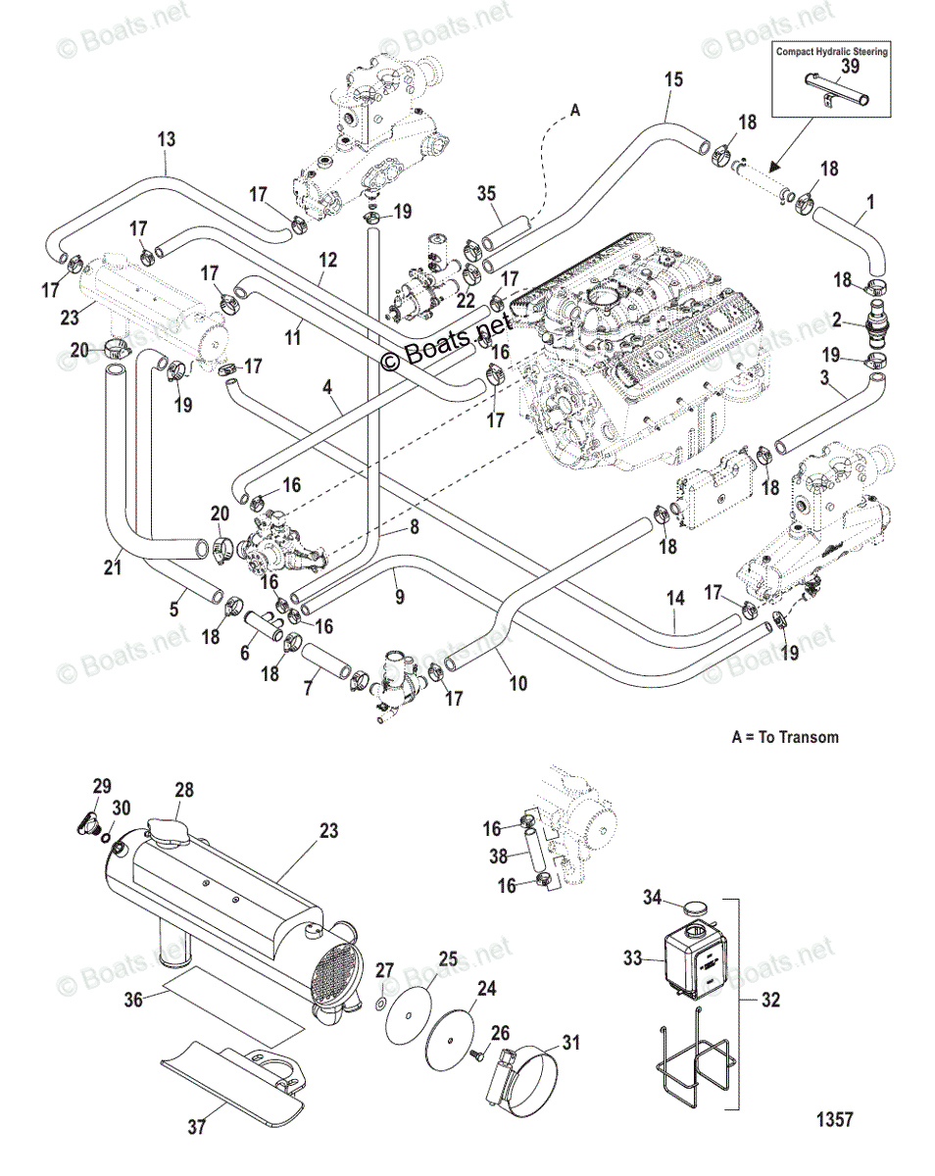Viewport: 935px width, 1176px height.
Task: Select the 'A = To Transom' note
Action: point(785,736)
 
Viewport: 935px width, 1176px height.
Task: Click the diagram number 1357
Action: point(831,1118)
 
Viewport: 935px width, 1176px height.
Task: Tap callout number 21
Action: point(113,566)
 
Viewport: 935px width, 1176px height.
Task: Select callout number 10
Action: point(518,683)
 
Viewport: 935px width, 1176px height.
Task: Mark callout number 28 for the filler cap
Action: point(184,790)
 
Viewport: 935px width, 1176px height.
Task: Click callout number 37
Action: point(196,1127)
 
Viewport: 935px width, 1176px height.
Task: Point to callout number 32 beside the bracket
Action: point(773,1002)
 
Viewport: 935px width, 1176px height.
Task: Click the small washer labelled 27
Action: point(380,1004)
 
